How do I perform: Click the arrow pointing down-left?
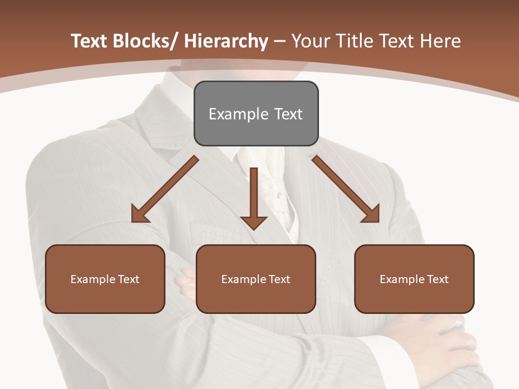click(x=165, y=190)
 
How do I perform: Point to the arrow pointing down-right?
click(x=346, y=190)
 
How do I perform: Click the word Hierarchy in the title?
click(x=226, y=41)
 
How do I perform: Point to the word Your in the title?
click(x=310, y=41)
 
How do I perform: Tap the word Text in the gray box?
click(x=288, y=114)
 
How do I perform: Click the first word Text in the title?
click(x=89, y=41)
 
